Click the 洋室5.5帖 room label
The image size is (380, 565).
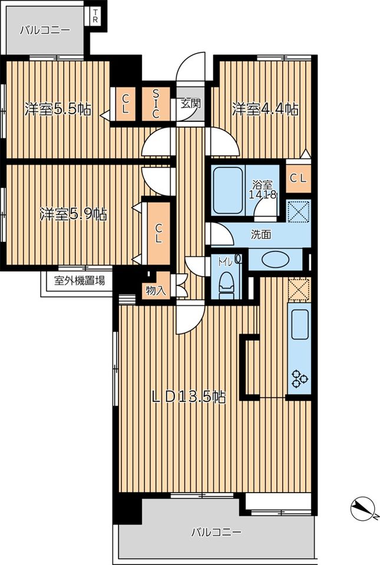pos(58,109)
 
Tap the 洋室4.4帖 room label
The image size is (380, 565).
pos(265,109)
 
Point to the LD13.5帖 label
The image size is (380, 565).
pos(189,397)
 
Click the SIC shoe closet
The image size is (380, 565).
pos(156,104)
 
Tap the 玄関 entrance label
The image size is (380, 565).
pos(190,104)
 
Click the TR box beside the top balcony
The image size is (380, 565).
pos(95,16)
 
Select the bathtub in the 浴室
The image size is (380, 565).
pos(227,191)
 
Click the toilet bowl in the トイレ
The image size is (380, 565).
pos(226,285)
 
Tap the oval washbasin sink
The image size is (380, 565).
pos(276,260)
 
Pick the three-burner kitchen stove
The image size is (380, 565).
pos(299,379)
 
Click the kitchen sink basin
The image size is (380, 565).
pos(300,324)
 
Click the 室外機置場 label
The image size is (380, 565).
pos(80,280)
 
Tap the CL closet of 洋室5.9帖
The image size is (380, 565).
pos(158,234)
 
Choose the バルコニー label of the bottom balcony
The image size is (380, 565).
pos(216,532)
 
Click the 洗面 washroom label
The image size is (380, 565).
pos(261,235)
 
